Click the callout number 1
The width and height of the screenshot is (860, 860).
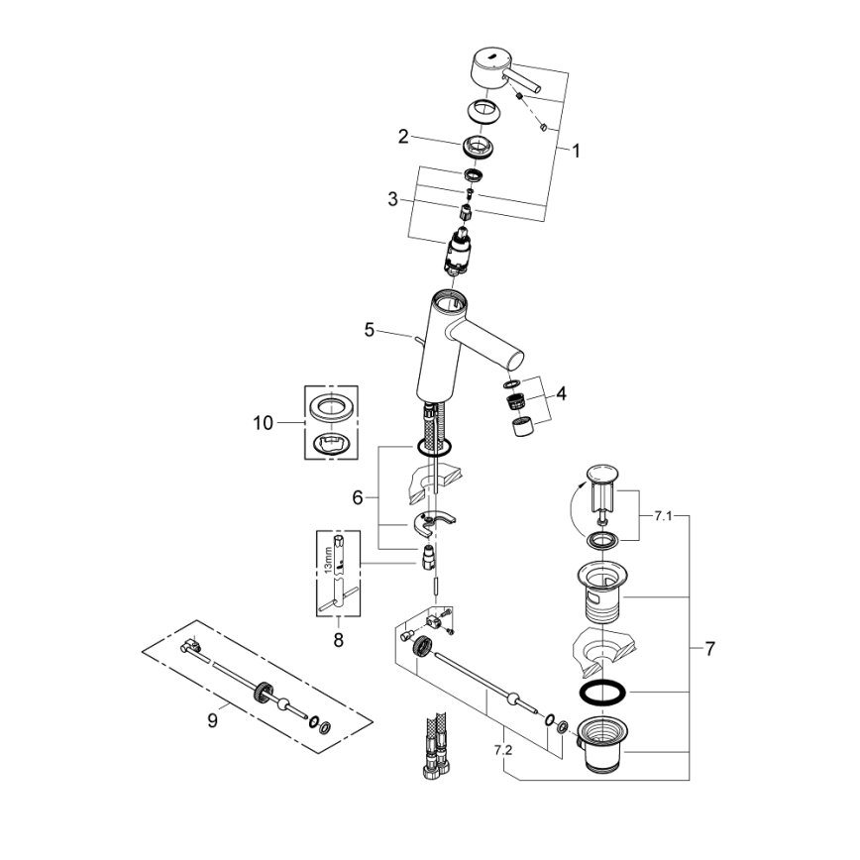(x=576, y=152)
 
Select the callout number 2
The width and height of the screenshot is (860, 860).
(x=403, y=137)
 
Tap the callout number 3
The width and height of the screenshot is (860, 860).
(x=393, y=199)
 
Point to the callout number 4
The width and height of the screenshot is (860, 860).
(x=561, y=393)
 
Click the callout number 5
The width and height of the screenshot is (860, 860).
(x=369, y=330)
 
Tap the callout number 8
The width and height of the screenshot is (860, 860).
(x=338, y=640)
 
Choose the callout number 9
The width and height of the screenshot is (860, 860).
(x=212, y=721)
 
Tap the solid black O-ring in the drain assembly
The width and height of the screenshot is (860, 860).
(x=600, y=691)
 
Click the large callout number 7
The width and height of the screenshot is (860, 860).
(x=709, y=650)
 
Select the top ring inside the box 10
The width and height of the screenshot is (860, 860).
(x=330, y=406)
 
